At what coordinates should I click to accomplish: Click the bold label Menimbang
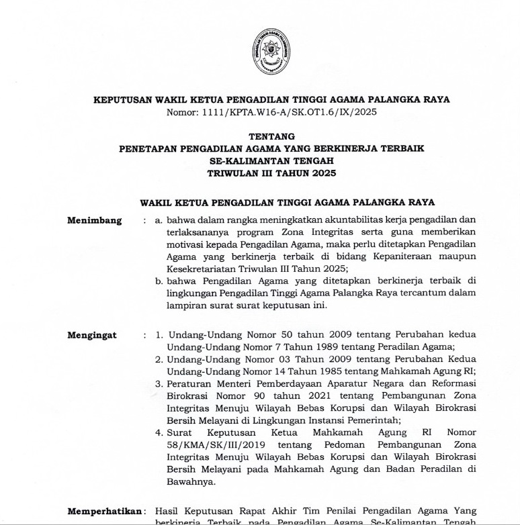coord(95,220)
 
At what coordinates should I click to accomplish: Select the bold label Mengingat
coord(92,335)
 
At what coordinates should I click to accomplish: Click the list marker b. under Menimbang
coord(159,280)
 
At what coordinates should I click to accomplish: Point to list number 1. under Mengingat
coord(159,335)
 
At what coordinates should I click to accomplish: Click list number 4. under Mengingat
coord(159,432)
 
